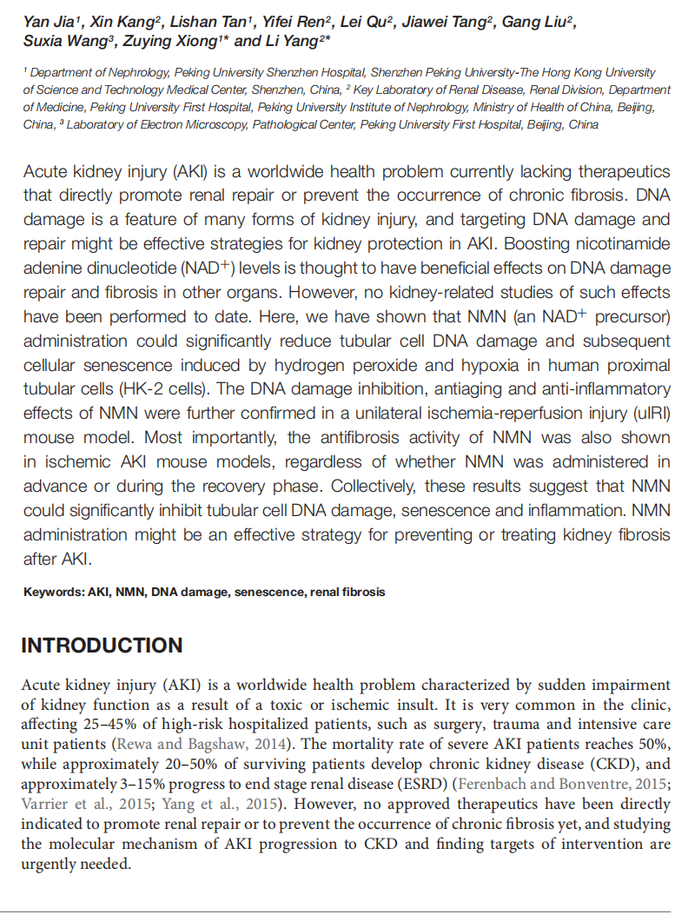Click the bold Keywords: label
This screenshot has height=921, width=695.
pyautogui.click(x=54, y=593)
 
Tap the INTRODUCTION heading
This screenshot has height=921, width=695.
pyautogui.click(x=102, y=646)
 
